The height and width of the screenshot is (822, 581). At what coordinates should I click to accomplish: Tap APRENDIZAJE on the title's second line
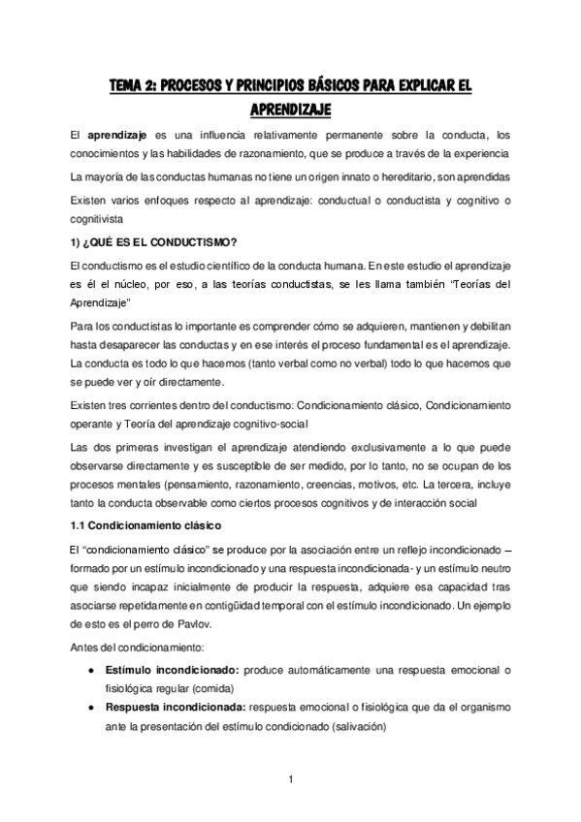(290, 108)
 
